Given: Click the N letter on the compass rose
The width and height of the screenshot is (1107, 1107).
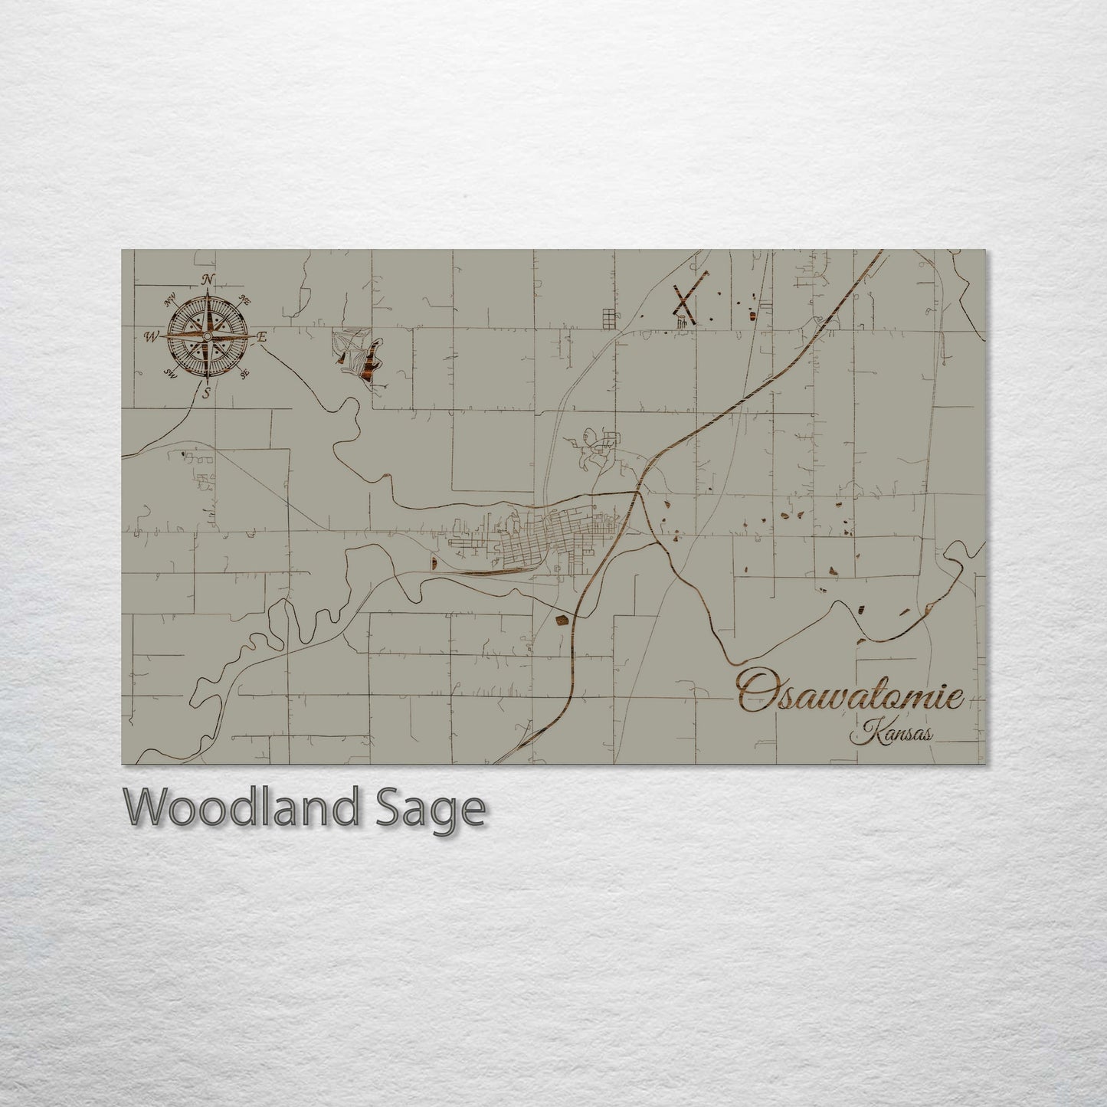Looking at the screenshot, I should pos(207,280).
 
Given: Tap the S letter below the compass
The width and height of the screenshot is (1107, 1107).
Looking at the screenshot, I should pos(205,394).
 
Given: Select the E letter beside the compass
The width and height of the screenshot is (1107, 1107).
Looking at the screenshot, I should pos(262,336).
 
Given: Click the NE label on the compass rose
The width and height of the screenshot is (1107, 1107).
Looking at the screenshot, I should pos(245,300).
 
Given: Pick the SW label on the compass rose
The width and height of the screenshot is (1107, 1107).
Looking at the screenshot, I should pos(169,374).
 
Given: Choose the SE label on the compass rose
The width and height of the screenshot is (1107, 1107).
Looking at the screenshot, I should pos(244,374).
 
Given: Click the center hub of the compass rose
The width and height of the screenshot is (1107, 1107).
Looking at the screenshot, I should pos(207,336).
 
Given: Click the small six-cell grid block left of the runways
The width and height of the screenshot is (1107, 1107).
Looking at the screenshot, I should pos(609,316).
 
